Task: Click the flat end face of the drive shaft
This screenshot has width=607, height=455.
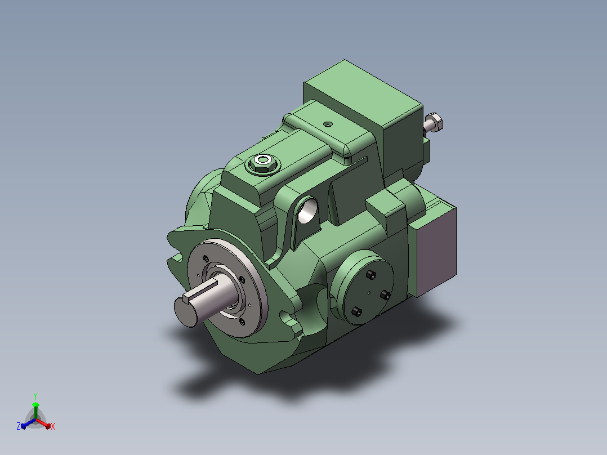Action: [185, 312]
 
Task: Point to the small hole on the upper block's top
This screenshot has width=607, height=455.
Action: [328, 124]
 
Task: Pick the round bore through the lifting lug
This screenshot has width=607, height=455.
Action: [307, 211]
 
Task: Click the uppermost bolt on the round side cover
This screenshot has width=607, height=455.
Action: [371, 275]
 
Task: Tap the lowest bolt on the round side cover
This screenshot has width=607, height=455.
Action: [356, 311]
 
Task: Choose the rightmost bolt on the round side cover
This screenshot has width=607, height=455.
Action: [385, 296]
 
